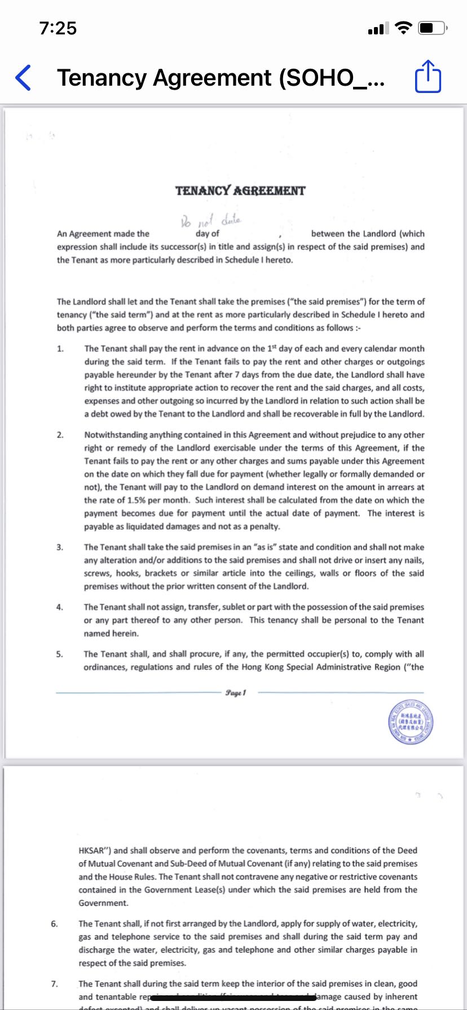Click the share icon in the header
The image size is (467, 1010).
point(428,77)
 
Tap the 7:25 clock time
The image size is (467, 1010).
point(58,28)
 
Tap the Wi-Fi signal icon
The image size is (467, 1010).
point(403,28)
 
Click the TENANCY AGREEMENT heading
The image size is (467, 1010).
point(240,191)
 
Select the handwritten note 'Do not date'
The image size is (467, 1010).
point(210,220)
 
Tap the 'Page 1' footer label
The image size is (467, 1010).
point(236,692)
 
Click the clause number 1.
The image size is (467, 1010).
point(60,349)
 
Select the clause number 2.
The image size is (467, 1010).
point(60,435)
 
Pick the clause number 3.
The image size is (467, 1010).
point(60,547)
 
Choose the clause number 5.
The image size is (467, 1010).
point(60,654)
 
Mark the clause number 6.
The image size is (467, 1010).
point(54,924)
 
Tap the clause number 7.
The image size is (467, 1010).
point(54,984)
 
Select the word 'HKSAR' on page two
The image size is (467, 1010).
point(94,850)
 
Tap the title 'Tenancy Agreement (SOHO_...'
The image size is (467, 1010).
point(221,78)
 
